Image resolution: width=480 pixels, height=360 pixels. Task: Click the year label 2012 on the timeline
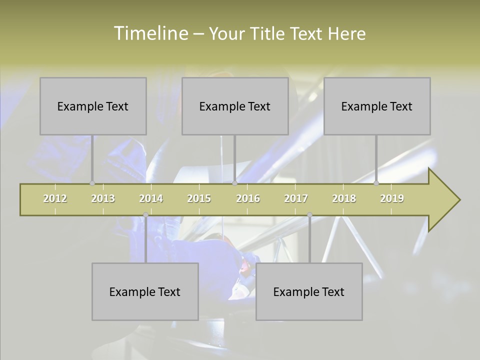[x=55, y=198]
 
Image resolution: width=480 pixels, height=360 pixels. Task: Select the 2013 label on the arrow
[x=103, y=198]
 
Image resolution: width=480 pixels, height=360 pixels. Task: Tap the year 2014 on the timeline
[x=151, y=198]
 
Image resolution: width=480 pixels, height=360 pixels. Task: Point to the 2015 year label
[x=199, y=198]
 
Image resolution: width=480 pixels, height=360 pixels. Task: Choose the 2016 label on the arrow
[x=248, y=198]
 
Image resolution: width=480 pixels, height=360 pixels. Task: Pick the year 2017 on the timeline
[x=296, y=198]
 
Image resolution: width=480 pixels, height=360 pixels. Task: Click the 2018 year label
[x=344, y=198]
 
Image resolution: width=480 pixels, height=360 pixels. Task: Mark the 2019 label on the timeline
[x=392, y=198]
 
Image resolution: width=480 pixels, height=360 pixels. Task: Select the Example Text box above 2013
[x=93, y=106]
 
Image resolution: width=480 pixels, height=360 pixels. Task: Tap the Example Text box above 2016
[x=235, y=106]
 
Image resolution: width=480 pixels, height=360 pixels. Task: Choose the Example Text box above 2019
[x=377, y=106]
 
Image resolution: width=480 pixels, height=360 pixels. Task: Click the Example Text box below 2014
[x=145, y=292]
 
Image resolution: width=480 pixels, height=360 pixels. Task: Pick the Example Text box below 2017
[x=309, y=292]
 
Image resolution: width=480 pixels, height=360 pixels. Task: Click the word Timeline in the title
[x=150, y=33]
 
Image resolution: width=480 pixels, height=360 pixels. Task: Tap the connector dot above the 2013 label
[x=92, y=183]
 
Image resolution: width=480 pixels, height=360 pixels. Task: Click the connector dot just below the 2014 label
[x=145, y=214]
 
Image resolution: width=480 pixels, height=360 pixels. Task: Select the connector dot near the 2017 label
[x=309, y=214]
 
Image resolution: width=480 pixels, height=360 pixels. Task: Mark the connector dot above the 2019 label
[x=376, y=183]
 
